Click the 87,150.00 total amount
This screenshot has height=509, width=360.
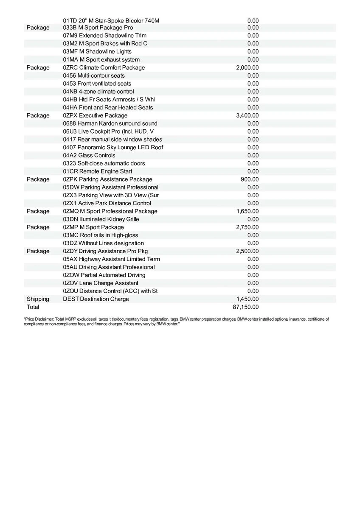[x=247, y=307]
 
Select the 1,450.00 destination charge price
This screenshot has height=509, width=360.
[x=248, y=299]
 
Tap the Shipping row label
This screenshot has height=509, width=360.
[x=38, y=299]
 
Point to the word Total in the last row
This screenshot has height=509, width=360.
[x=33, y=307]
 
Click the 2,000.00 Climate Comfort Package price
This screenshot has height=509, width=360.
[x=247, y=68]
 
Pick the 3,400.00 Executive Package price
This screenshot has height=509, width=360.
[x=247, y=115]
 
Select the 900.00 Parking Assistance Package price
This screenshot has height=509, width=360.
[x=250, y=179]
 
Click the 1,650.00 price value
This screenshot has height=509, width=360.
[x=247, y=211]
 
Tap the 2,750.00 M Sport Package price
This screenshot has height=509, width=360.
[x=247, y=227]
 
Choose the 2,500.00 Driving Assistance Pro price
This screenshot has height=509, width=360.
[x=247, y=251]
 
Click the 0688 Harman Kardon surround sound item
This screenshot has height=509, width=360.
[x=110, y=123]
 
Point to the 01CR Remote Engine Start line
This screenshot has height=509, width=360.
[x=97, y=171]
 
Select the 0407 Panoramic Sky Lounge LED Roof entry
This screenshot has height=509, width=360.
[x=113, y=147]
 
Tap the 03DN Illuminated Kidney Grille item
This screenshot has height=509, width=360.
[x=101, y=219]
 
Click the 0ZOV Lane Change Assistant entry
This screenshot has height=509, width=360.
[x=100, y=283]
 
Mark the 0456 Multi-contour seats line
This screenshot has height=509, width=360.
[x=94, y=76]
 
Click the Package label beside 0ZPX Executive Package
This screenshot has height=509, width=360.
[x=38, y=115]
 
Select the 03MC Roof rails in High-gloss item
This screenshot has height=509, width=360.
[x=100, y=235]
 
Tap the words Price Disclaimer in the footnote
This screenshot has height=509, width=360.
[x=38, y=319]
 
